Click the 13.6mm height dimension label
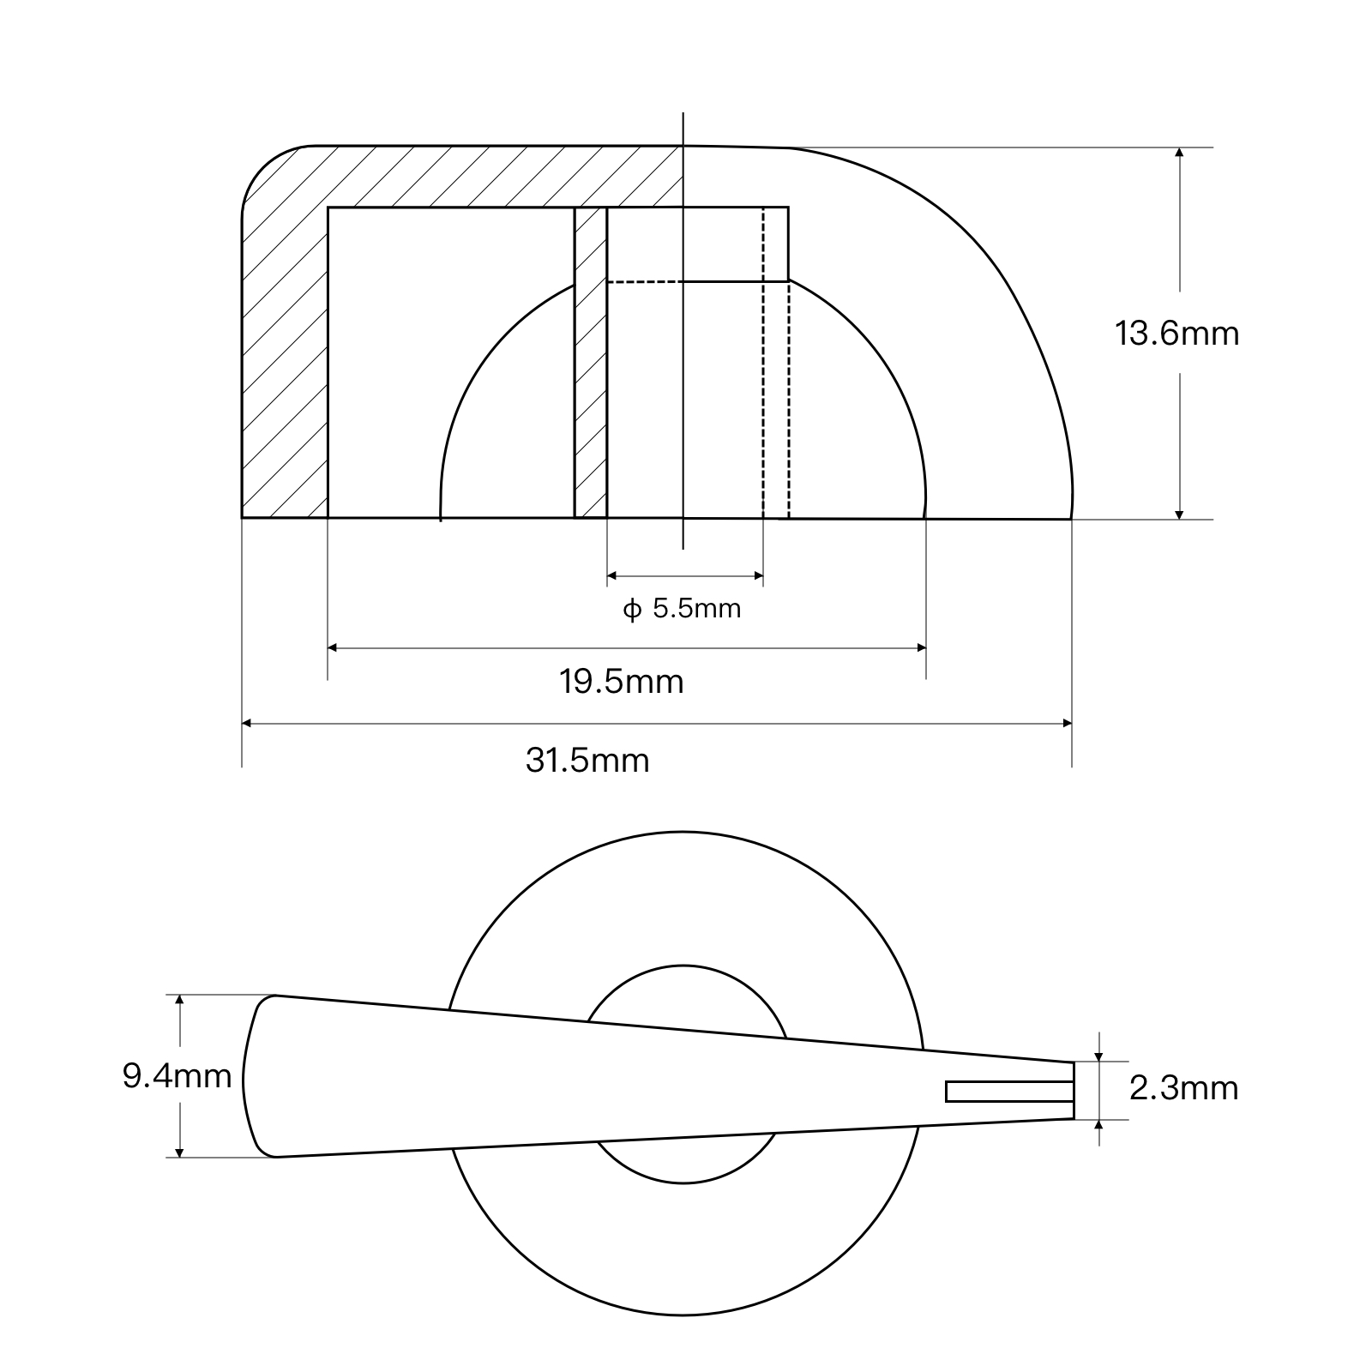click(x=1176, y=333)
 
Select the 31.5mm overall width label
click(x=587, y=761)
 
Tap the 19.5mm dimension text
click(x=622, y=682)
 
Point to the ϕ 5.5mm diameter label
click(x=682, y=609)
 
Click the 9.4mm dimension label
click(x=178, y=1075)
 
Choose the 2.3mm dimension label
click(x=1184, y=1088)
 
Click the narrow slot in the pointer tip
click(x=1010, y=1091)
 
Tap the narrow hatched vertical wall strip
click(x=590, y=362)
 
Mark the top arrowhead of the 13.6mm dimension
click(x=1180, y=153)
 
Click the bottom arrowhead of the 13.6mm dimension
click(x=1180, y=514)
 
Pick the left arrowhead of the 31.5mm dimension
click(x=247, y=723)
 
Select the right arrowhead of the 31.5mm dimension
click(x=1067, y=723)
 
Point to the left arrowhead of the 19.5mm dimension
click(x=334, y=647)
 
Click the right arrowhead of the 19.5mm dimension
click(x=921, y=647)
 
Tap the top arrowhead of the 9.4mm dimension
click(x=180, y=1001)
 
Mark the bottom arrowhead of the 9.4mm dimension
click(x=180, y=1152)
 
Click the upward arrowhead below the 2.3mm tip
click(x=1099, y=1125)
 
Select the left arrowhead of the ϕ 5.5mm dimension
click(x=612, y=576)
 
